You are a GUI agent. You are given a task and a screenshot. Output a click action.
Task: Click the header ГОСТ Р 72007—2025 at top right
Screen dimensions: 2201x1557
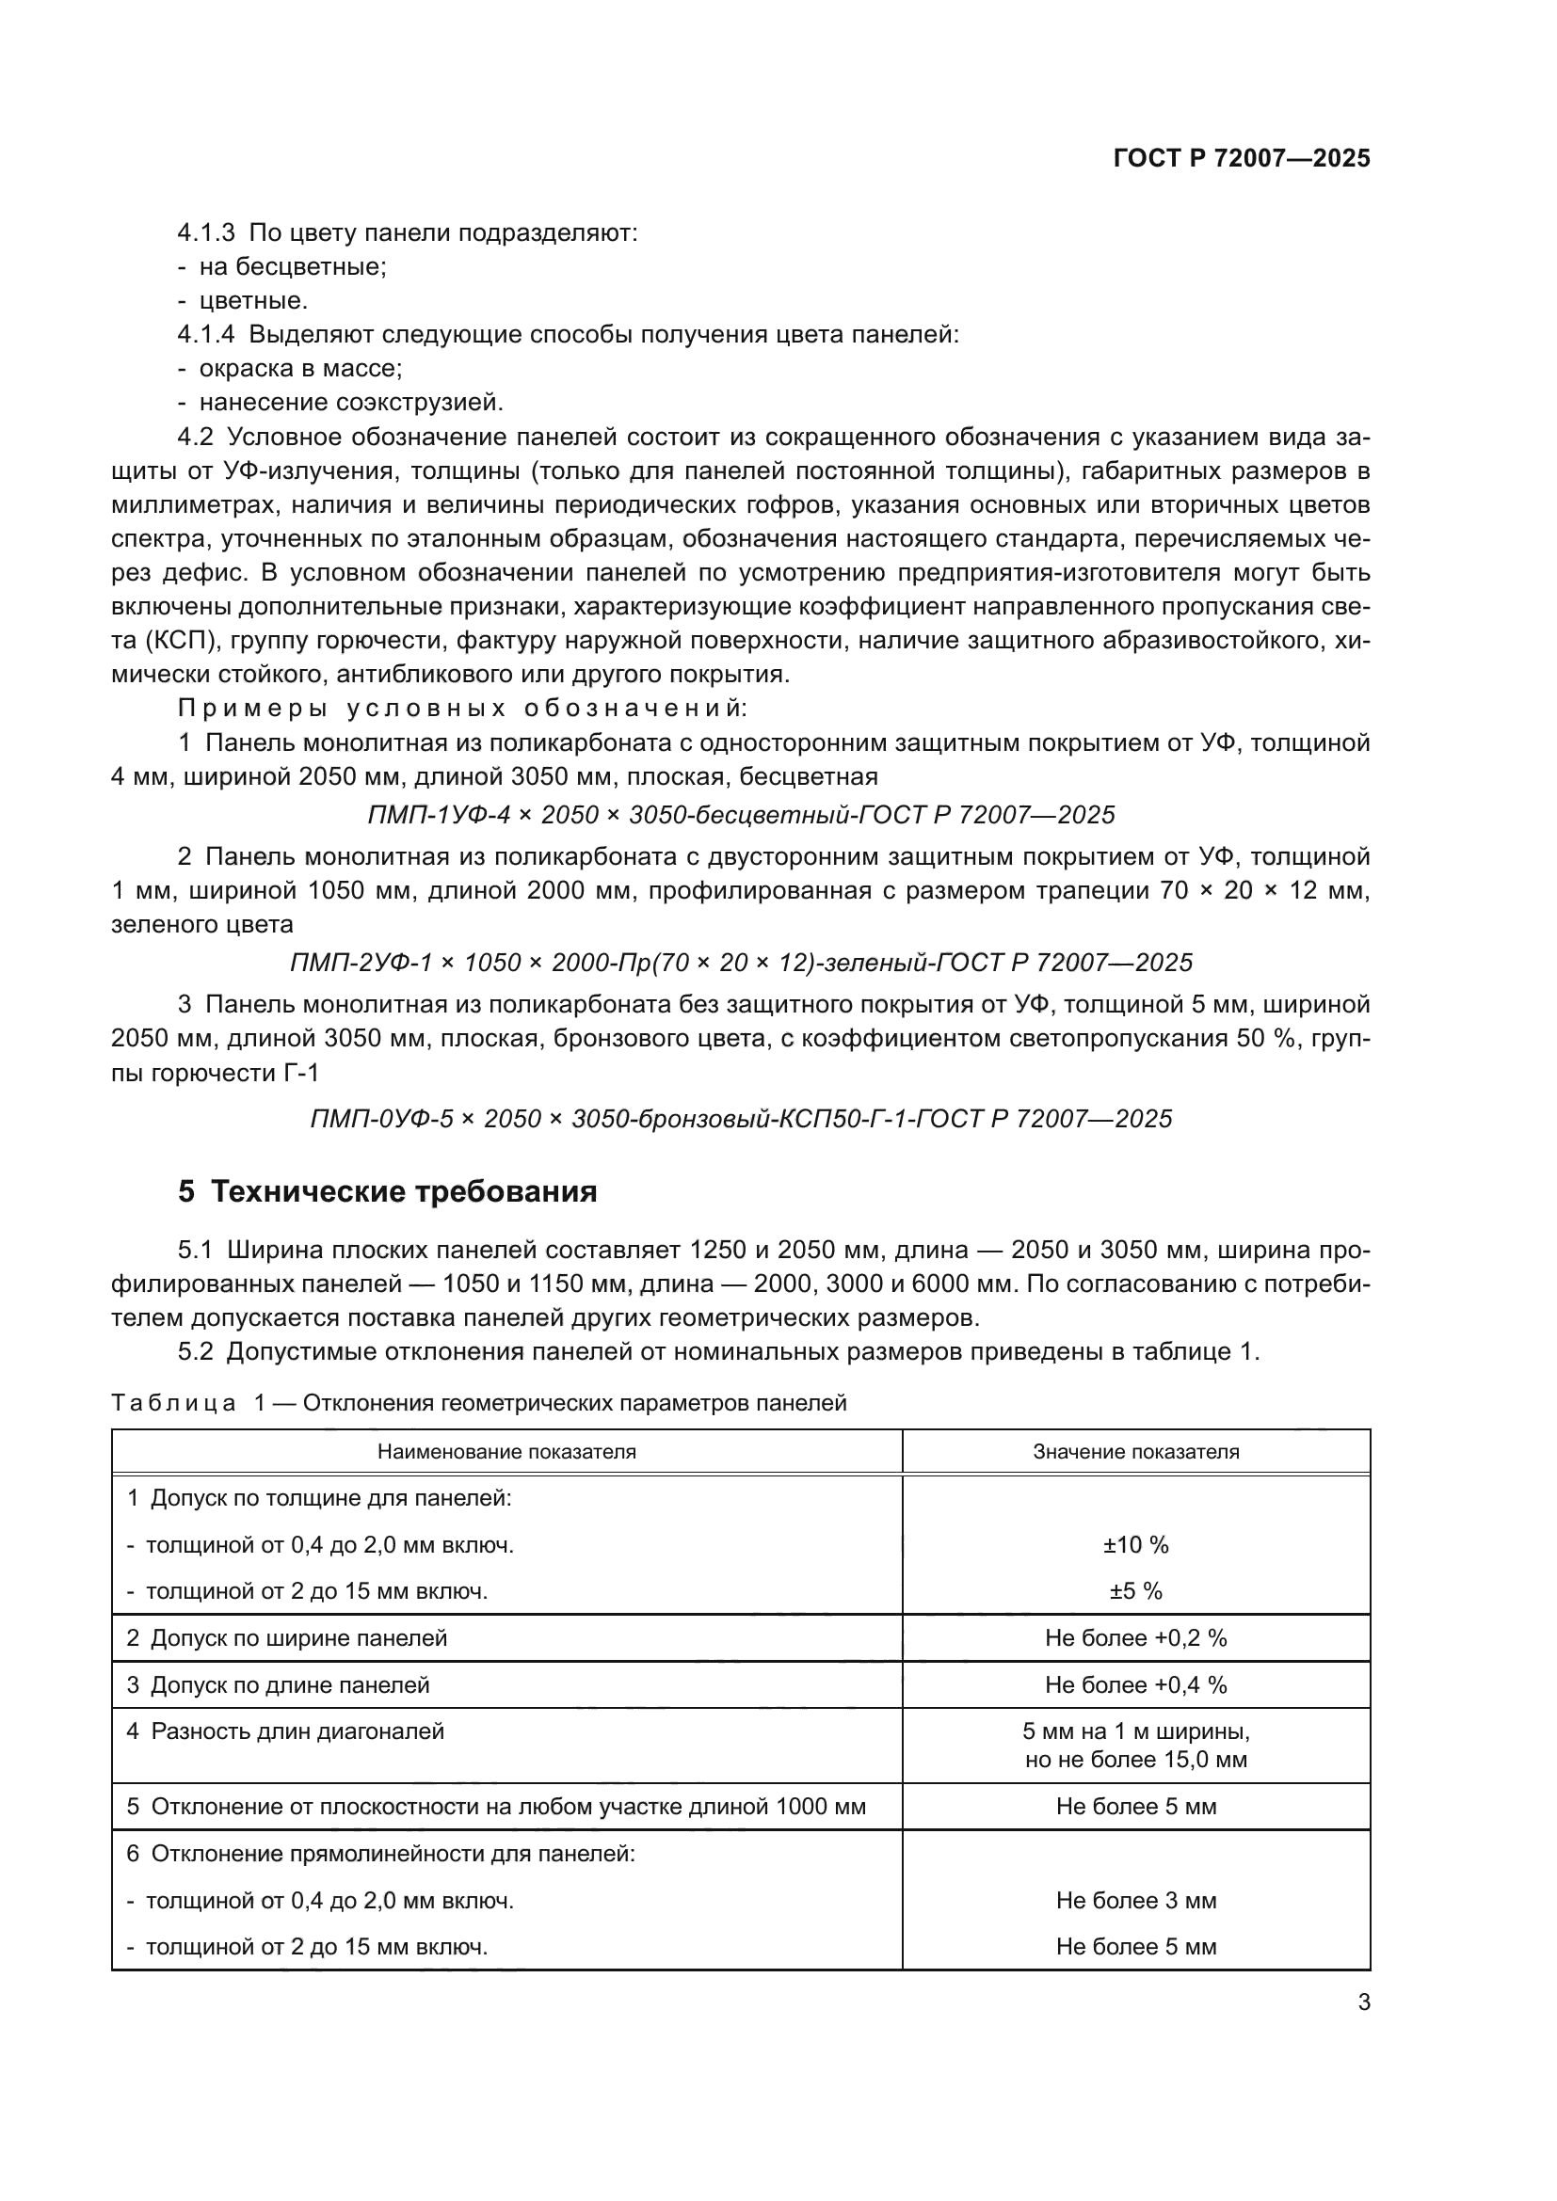[x=1241, y=158]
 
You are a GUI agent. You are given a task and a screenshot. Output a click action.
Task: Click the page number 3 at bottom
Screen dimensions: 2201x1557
[x=1363, y=2002]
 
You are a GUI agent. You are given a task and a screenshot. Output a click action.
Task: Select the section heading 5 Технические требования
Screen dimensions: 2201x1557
[x=387, y=1191]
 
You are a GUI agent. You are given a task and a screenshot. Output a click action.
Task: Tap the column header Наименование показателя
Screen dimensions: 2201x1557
[x=506, y=1451]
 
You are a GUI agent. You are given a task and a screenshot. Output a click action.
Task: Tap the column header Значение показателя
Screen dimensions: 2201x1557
[x=1135, y=1451]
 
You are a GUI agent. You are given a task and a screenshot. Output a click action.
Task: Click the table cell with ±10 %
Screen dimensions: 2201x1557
[x=1135, y=1545]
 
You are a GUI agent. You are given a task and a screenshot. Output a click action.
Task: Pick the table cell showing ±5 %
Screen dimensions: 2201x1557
[x=1135, y=1591]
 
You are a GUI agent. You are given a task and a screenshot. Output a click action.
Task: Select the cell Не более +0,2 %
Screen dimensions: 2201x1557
[x=1135, y=1638]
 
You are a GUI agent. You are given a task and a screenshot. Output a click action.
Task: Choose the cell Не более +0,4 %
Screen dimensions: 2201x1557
[x=1135, y=1685]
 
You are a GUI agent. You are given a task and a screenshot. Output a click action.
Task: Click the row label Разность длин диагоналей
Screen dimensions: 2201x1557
[x=297, y=1731]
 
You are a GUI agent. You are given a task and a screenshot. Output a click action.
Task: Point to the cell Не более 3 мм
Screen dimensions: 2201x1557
[x=1135, y=1900]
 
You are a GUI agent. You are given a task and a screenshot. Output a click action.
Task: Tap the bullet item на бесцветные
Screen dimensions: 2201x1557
[x=292, y=266]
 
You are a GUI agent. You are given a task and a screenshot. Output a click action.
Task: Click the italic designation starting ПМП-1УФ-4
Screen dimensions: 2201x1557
[x=740, y=815]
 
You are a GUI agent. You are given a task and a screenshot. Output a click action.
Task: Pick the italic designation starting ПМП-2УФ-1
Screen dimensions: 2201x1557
[x=740, y=963]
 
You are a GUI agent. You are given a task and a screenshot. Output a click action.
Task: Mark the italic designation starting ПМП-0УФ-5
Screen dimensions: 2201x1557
[x=740, y=1119]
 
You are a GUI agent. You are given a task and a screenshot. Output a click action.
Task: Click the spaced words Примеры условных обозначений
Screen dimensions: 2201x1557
[x=462, y=709]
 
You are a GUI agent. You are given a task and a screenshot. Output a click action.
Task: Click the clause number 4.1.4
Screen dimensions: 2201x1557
[x=205, y=335]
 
